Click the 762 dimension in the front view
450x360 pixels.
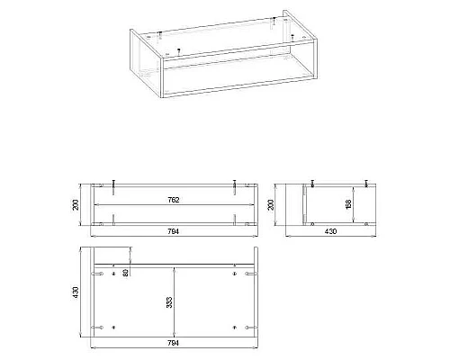click(x=174, y=200)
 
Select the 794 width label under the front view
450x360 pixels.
click(x=174, y=231)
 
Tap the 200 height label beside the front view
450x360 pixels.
click(x=76, y=204)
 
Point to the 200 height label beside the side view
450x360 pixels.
click(x=271, y=204)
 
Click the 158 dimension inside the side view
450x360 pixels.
click(x=348, y=204)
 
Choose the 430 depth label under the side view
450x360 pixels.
click(x=330, y=231)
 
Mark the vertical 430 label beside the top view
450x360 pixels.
click(x=76, y=292)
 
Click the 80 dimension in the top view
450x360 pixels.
click(x=126, y=273)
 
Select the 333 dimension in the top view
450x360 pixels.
click(x=169, y=302)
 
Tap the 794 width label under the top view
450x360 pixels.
click(x=174, y=343)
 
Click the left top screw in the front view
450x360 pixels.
click(x=113, y=187)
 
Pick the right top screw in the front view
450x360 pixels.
click(x=235, y=187)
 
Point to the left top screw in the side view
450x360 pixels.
click(x=312, y=184)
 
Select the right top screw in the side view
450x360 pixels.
click(x=366, y=184)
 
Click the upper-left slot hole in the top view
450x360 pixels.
click(x=97, y=274)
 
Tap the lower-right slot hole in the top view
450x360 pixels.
click(x=251, y=328)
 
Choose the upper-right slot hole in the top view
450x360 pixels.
click(x=251, y=274)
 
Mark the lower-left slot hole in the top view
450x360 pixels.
click(x=97, y=328)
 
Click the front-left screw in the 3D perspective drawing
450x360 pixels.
click(x=179, y=51)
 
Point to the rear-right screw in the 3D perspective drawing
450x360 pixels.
click(x=274, y=21)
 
